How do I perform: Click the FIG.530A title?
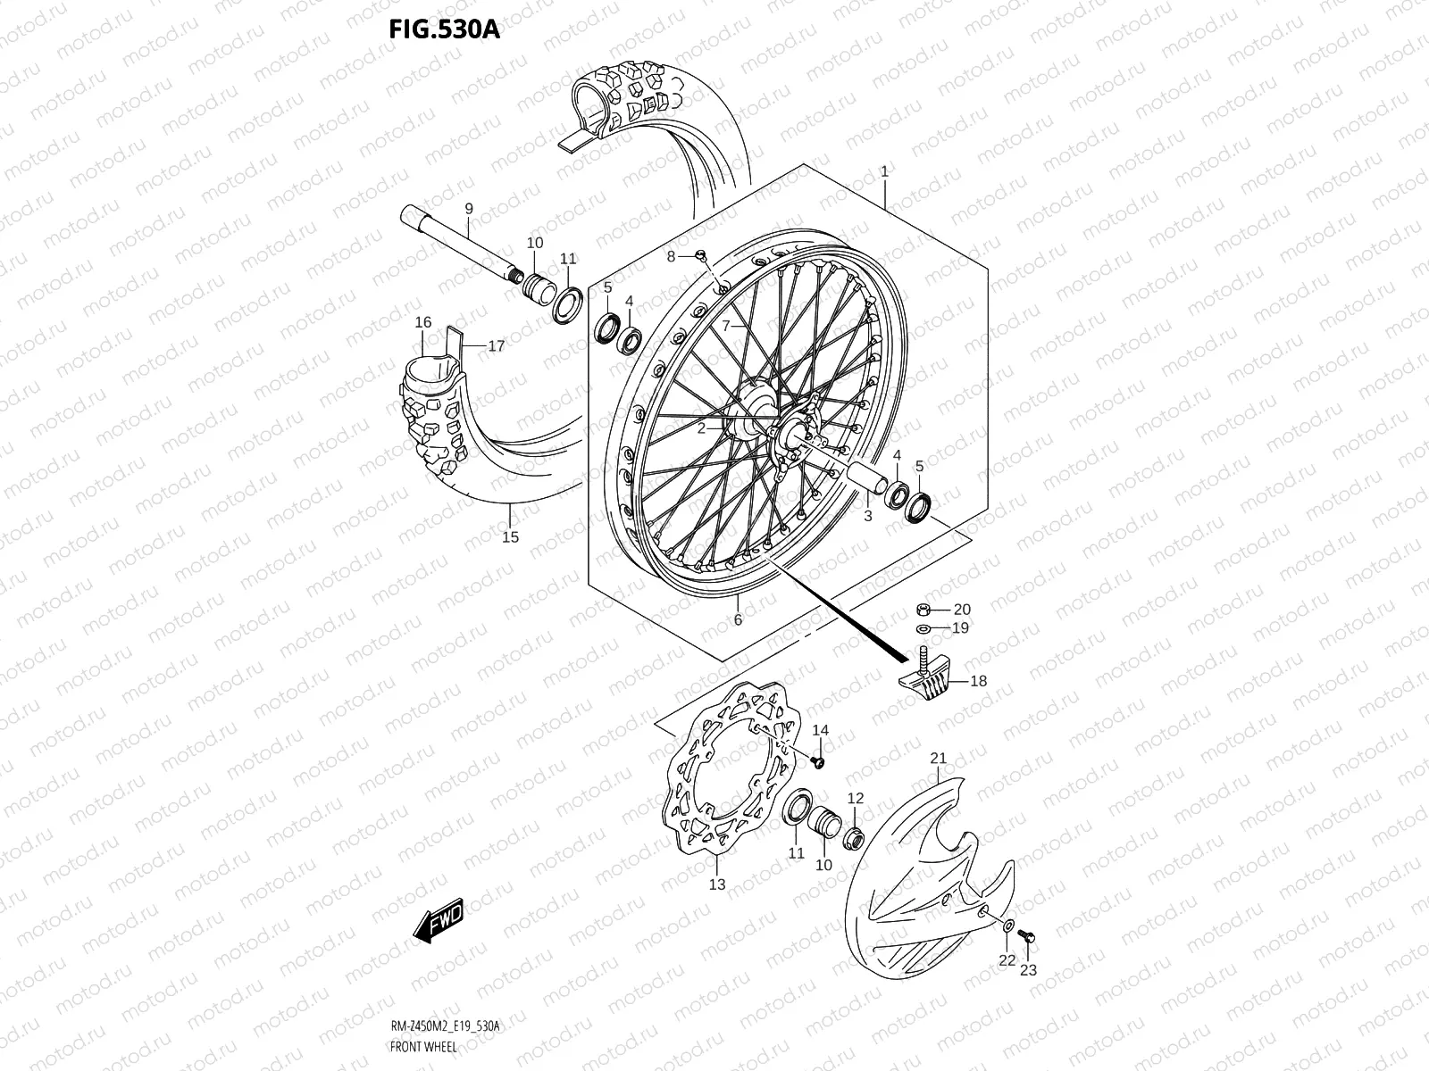[444, 29]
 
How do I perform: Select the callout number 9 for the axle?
[468, 209]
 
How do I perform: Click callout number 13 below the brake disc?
[717, 884]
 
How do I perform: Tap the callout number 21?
[938, 759]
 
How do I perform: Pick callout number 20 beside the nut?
[961, 610]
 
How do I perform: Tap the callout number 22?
[1007, 960]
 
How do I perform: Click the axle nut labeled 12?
[854, 837]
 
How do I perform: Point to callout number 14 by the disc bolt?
[820, 730]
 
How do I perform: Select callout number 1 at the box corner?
[884, 169]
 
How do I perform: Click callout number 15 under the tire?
[510, 537]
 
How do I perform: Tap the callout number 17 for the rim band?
[496, 345]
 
